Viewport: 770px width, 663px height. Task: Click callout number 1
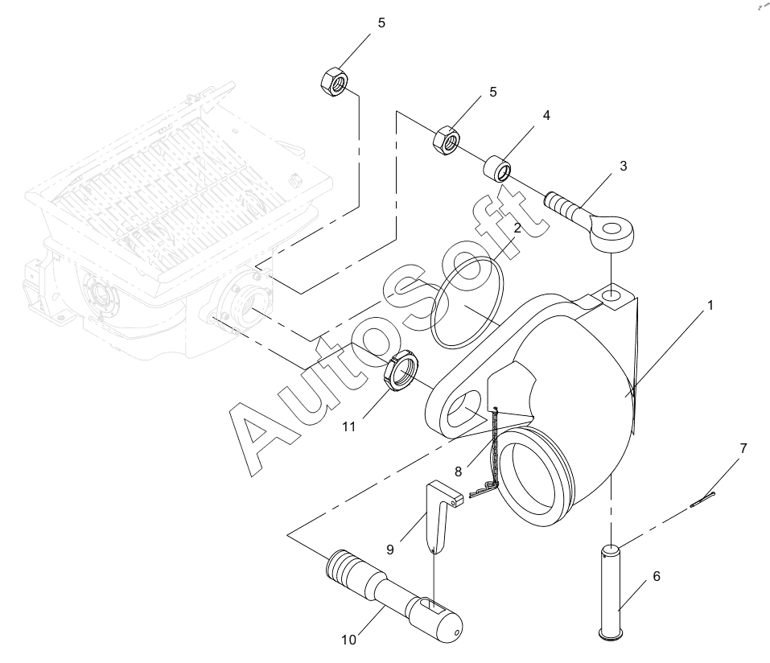pos(710,306)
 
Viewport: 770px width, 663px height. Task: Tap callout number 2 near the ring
pos(517,228)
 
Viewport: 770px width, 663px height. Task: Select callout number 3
pos(624,166)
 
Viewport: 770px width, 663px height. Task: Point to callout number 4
pos(546,115)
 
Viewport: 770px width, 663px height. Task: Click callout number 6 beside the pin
pos(657,576)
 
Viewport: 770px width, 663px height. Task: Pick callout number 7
pos(743,448)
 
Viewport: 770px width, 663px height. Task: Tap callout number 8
pos(458,472)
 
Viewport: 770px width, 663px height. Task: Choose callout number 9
pos(390,550)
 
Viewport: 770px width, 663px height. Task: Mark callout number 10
pos(348,640)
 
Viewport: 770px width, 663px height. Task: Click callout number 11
pos(348,426)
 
